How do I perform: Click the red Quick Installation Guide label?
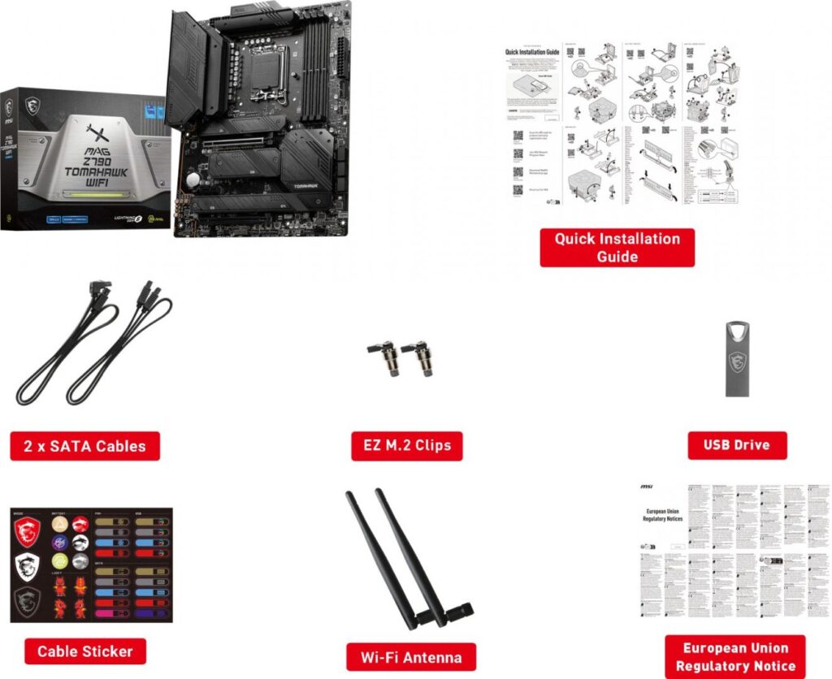[x=617, y=247]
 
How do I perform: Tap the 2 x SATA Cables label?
[x=84, y=446]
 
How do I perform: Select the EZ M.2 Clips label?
[x=406, y=446]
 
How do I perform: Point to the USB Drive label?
[x=736, y=445]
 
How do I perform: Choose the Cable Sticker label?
[x=84, y=651]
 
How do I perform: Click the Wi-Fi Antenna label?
[x=410, y=657]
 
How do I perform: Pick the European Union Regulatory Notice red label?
[x=734, y=657]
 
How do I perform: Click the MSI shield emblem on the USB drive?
[x=737, y=362]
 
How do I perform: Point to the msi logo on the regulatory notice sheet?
[x=647, y=487]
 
